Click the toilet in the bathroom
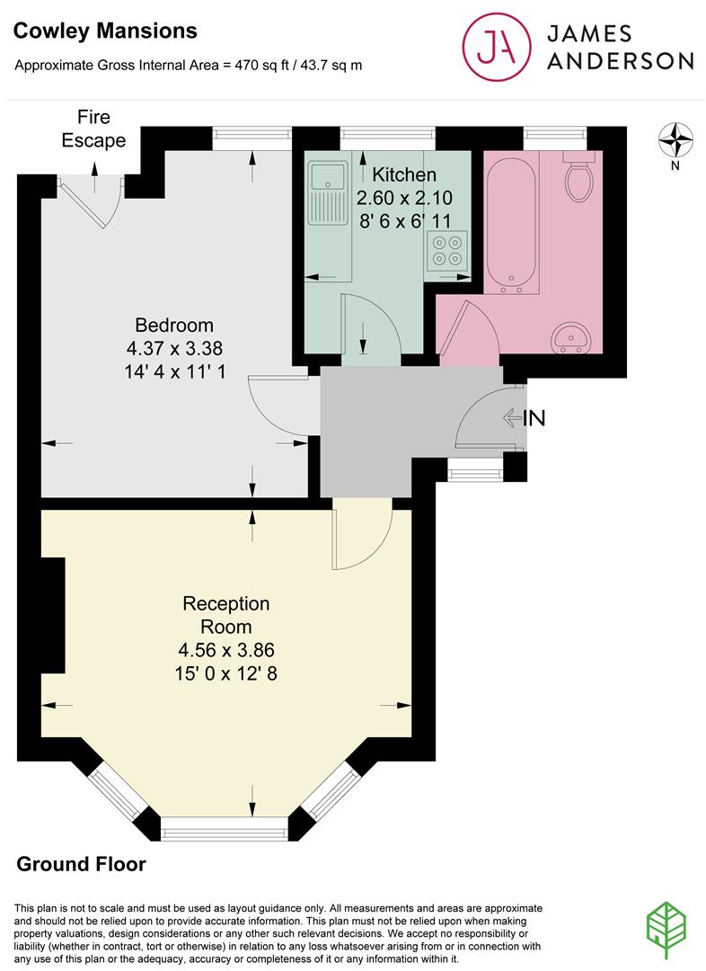click(578, 175)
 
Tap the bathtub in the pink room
click(511, 227)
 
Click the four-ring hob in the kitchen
click(447, 250)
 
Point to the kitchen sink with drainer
click(329, 192)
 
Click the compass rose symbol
click(675, 141)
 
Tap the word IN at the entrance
click(534, 419)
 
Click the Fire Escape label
click(93, 129)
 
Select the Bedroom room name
click(174, 325)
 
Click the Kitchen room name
click(404, 174)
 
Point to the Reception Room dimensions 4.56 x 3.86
click(225, 650)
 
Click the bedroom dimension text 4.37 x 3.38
click(174, 348)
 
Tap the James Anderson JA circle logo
click(497, 47)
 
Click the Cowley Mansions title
click(105, 31)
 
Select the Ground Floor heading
click(81, 864)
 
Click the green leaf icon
click(666, 931)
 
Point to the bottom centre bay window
click(225, 829)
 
